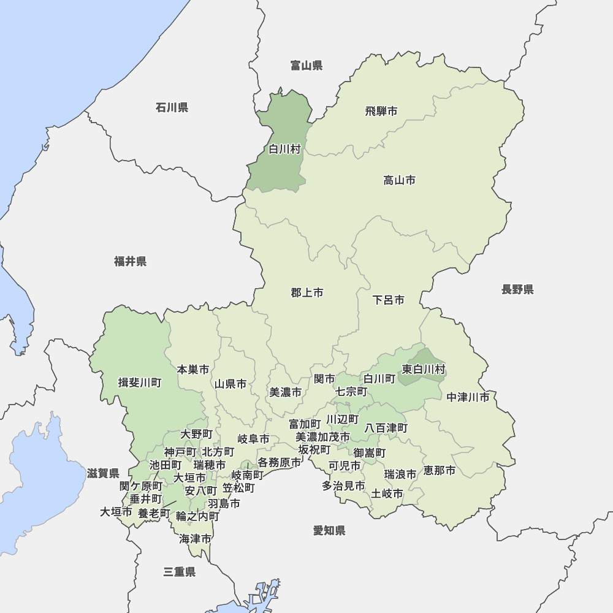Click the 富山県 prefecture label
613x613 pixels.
[x=306, y=66]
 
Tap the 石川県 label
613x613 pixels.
[x=172, y=108]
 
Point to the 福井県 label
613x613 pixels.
[x=131, y=262]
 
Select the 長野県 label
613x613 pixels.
[x=517, y=289]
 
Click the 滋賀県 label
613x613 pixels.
[x=103, y=473]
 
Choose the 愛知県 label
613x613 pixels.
[x=329, y=531]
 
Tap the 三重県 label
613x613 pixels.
[x=180, y=572]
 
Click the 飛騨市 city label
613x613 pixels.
[x=381, y=111]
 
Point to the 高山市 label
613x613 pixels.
[x=399, y=180]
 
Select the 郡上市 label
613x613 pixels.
[x=307, y=293]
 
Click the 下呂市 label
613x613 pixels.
[x=389, y=300]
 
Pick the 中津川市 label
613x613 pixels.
[x=468, y=397]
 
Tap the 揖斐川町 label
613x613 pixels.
[x=140, y=383]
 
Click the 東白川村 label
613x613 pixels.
[x=424, y=370]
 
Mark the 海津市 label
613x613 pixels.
[x=196, y=539]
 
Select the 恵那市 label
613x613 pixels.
[x=440, y=471]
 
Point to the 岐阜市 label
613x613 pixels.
[x=253, y=439]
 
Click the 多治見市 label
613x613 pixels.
[x=344, y=486]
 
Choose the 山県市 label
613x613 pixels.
[x=230, y=384]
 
